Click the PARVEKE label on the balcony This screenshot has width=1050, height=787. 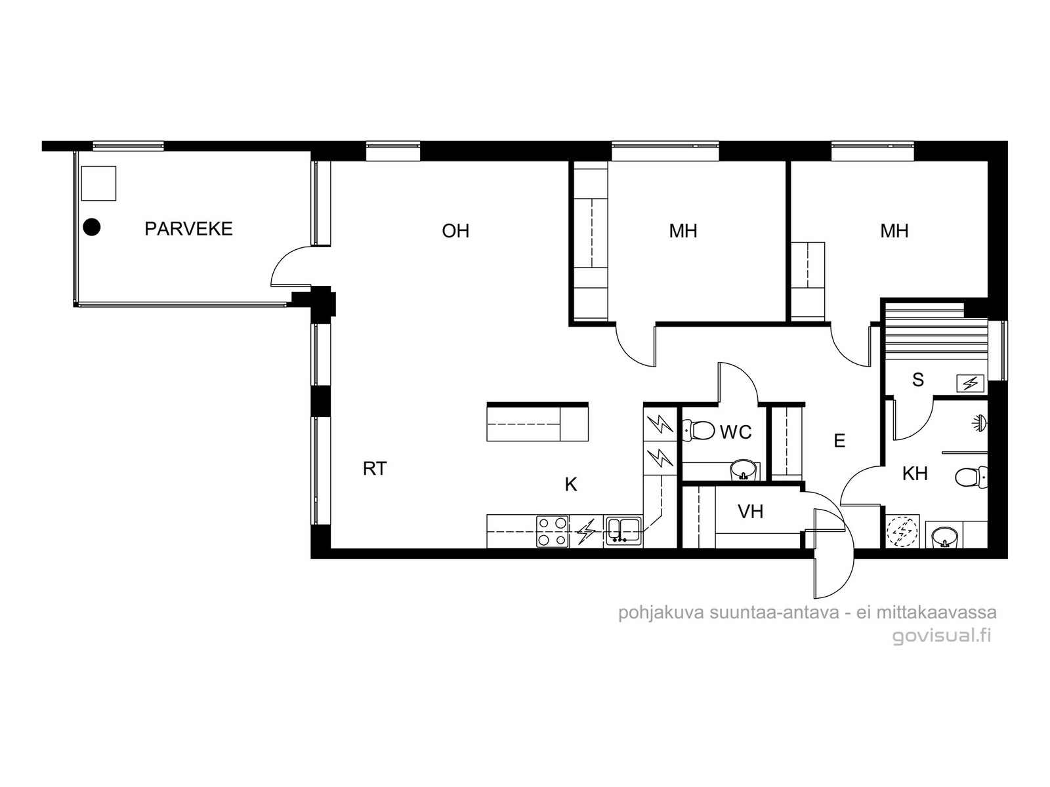point(188,229)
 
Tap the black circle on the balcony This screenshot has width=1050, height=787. point(92,227)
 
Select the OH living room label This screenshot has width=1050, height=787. point(455,232)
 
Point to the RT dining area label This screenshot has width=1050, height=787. point(375,469)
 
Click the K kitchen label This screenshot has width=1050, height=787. point(571,485)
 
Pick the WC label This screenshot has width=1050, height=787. point(736,432)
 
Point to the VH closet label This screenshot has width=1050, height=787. point(750,512)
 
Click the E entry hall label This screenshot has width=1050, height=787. point(839,441)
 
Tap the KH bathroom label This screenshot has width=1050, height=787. point(915,474)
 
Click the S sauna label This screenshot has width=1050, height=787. point(917,380)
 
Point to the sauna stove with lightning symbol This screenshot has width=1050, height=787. point(970,383)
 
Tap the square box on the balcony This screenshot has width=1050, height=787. point(98,183)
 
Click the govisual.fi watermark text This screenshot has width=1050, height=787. point(942,636)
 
